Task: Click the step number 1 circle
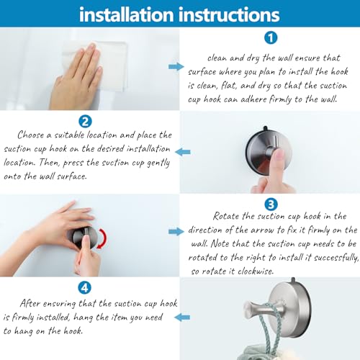(x=269, y=37)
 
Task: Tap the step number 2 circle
(x=85, y=121)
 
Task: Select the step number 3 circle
(x=271, y=204)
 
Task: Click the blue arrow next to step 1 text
(x=176, y=66)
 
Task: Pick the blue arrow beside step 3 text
(x=176, y=231)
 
